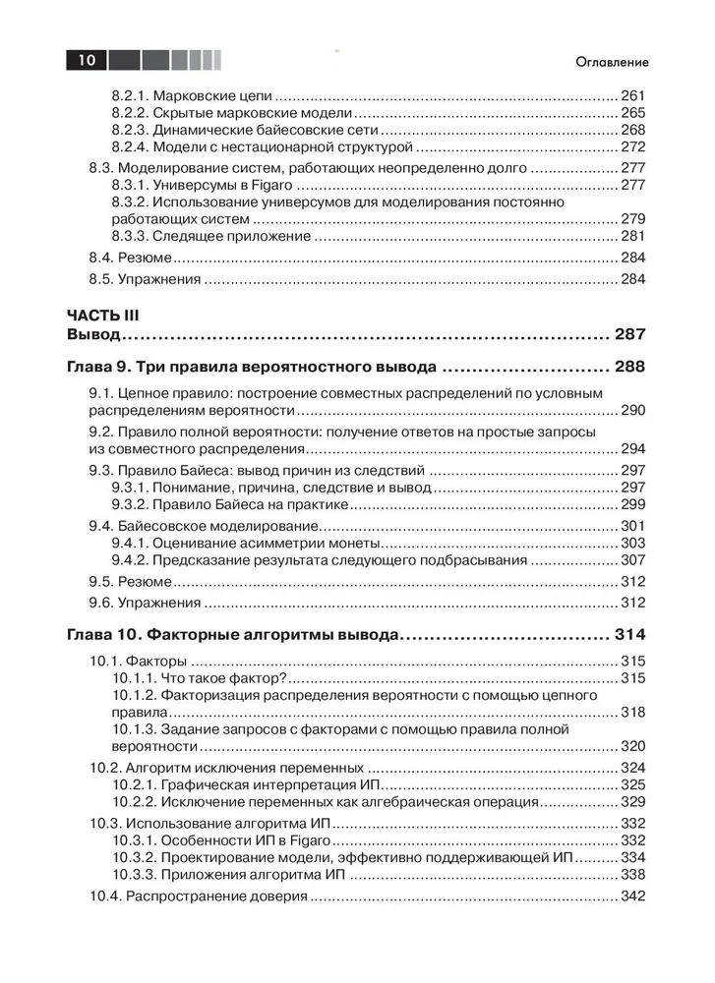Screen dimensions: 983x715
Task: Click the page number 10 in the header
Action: tap(87, 61)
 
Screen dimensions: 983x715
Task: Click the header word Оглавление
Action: tap(612, 62)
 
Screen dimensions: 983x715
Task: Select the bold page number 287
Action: tap(629, 335)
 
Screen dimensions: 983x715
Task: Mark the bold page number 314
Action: tap(629, 633)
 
